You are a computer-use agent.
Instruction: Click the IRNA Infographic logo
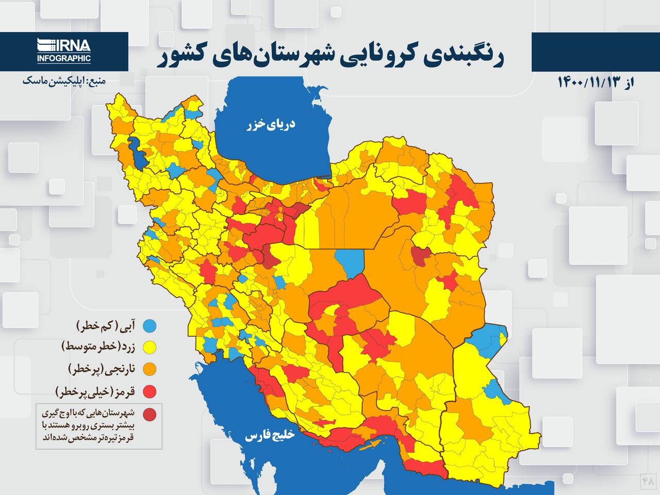coord(64,51)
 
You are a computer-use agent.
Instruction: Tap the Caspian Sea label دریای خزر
coord(271,124)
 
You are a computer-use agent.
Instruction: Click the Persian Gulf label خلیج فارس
coord(269,435)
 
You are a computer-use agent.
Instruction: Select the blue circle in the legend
coord(150,326)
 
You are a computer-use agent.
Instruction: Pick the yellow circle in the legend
coord(150,348)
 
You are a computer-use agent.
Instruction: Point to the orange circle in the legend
coord(150,369)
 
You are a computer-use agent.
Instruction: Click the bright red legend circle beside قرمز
coord(150,392)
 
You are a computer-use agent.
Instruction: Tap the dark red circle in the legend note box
coord(150,414)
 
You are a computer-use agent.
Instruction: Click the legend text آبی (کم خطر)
coord(107,326)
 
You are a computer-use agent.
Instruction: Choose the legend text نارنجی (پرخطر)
coord(102,369)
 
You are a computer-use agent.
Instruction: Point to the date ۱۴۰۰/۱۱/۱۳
coord(588,82)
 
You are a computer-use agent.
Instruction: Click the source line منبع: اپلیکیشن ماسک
coord(63,81)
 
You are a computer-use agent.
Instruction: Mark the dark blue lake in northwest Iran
coord(138,152)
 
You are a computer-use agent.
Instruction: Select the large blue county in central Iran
coord(349,261)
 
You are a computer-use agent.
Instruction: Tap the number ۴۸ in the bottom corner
coord(648,481)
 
